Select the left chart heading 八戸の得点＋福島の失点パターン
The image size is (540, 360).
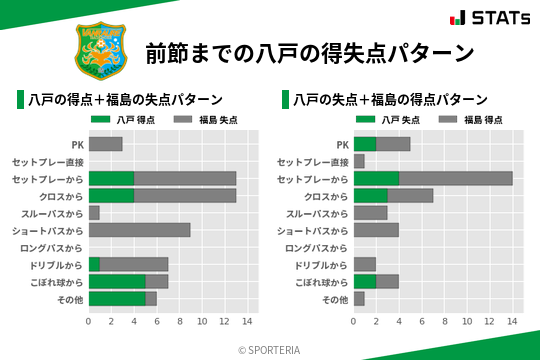point(125,100)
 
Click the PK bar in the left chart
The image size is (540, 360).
point(105,144)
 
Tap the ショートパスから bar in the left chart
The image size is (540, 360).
point(139,230)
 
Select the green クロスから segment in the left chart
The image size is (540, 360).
point(111,195)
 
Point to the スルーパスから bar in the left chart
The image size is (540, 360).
point(94,213)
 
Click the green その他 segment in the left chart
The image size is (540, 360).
point(117,298)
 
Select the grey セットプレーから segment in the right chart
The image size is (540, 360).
point(455,178)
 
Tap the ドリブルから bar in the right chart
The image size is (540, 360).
point(365,264)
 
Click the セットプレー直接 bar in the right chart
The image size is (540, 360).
point(359,161)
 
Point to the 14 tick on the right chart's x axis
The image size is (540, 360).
point(513,321)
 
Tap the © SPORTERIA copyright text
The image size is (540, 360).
point(270,349)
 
